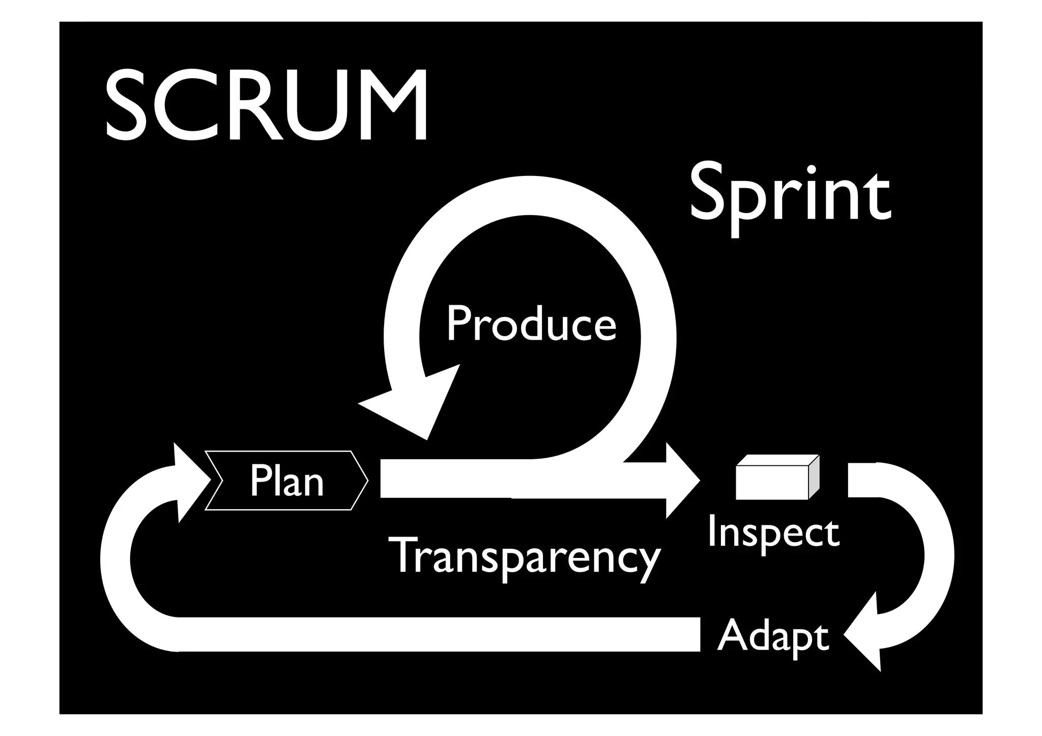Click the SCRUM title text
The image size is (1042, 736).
click(x=266, y=106)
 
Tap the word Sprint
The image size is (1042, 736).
click(x=790, y=196)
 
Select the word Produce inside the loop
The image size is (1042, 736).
click(x=531, y=325)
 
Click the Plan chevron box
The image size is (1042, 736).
click(x=286, y=480)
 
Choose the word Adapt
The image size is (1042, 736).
click(x=773, y=637)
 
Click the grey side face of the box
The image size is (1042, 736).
click(x=814, y=477)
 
